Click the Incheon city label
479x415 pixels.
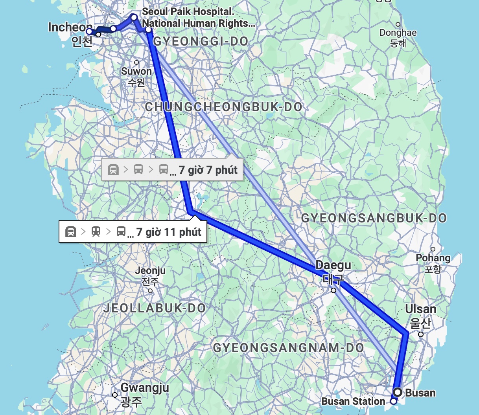click(x=71, y=28)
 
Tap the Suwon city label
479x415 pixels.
click(x=136, y=72)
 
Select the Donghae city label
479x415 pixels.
click(x=398, y=33)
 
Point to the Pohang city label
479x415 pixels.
click(x=433, y=258)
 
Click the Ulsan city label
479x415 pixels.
click(x=421, y=309)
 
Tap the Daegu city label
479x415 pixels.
click(x=333, y=265)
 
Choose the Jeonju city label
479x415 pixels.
click(x=150, y=271)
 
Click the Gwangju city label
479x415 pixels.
click(x=145, y=388)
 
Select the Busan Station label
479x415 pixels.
click(x=353, y=402)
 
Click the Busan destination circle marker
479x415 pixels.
click(x=398, y=392)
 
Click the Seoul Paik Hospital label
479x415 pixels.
click(x=188, y=12)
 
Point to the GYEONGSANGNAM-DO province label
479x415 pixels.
click(x=288, y=348)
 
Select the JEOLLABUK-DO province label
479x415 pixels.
click(x=155, y=308)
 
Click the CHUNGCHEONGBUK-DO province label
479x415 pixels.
click(x=224, y=107)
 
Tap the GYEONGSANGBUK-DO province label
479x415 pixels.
click(x=374, y=218)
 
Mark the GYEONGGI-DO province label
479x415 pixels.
click(x=201, y=41)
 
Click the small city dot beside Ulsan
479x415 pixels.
click(x=421, y=334)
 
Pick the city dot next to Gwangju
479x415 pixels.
click(x=115, y=395)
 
